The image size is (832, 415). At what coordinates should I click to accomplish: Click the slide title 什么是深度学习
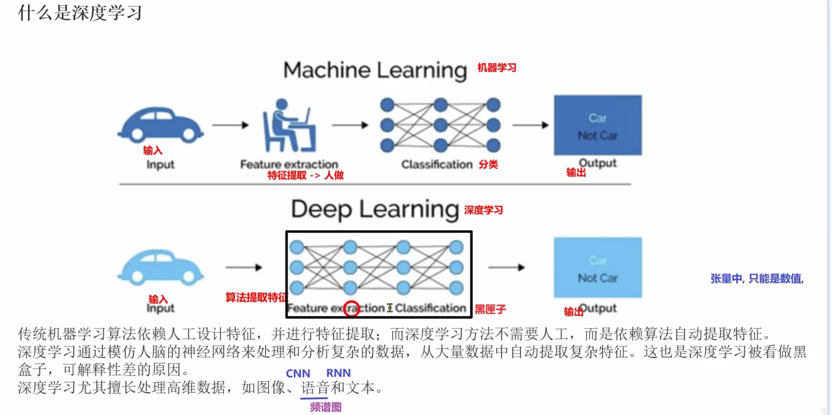(x=80, y=13)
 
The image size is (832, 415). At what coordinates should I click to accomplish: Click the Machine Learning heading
(x=375, y=70)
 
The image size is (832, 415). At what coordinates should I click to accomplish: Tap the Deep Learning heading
(x=375, y=210)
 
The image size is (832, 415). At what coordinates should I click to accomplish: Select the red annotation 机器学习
(x=497, y=68)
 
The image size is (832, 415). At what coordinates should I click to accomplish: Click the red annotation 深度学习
(x=483, y=210)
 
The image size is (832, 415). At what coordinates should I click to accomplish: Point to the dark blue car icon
(x=161, y=125)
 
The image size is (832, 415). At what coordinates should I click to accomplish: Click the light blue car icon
(x=161, y=268)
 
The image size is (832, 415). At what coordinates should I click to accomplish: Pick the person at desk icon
(x=289, y=126)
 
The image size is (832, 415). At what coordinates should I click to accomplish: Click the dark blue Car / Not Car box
(x=598, y=125)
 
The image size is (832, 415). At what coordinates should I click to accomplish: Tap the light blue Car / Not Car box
(x=598, y=268)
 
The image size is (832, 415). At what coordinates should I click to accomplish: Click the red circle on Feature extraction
(x=351, y=308)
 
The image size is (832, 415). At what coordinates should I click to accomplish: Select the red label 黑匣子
(x=490, y=310)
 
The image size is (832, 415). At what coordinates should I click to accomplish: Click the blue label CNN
(x=298, y=373)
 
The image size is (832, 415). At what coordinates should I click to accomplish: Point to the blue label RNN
(x=338, y=373)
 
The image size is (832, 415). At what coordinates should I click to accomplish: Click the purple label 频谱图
(x=326, y=407)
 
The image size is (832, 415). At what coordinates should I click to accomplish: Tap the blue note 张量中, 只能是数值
(x=757, y=278)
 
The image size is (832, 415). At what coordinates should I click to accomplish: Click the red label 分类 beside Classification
(x=488, y=165)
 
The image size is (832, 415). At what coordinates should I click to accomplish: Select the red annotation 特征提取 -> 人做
(x=305, y=175)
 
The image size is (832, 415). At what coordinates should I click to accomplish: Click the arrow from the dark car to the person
(x=230, y=125)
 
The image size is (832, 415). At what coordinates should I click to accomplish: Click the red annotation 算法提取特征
(x=256, y=297)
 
